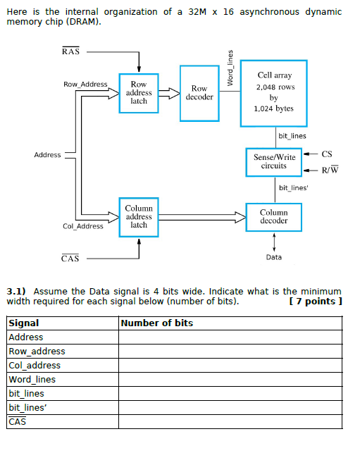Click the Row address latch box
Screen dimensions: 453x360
point(139,92)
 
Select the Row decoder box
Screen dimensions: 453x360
point(199,92)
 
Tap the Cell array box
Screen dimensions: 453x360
point(274,92)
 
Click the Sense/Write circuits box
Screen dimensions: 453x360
point(273,162)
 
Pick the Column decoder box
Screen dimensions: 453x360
point(273,216)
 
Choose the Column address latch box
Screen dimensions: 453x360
point(139,216)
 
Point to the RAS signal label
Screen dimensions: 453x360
point(70,51)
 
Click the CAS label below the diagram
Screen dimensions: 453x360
point(70,259)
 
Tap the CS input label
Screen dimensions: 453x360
point(326,154)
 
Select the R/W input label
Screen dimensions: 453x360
point(329,170)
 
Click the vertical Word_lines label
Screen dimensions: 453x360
point(230,69)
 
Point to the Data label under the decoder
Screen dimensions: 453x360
point(274,257)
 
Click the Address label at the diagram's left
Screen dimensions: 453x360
point(47,155)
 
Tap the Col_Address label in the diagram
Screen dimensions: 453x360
point(83,226)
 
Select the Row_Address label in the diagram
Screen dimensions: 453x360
point(85,85)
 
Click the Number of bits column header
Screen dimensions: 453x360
point(157,323)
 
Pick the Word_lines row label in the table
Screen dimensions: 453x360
point(32,380)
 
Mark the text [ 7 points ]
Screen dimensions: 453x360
point(316,302)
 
